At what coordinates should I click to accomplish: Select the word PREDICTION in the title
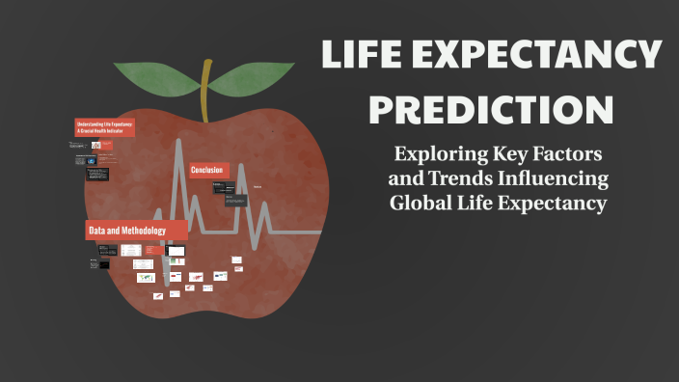point(492,108)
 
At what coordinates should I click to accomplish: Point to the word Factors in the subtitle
point(565,154)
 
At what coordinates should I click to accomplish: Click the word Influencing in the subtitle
point(554,179)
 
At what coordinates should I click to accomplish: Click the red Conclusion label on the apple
point(207,170)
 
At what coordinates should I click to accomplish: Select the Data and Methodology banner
point(125,232)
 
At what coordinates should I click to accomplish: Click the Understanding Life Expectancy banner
point(105,128)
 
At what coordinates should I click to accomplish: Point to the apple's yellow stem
point(205,92)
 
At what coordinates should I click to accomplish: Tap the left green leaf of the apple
point(159,80)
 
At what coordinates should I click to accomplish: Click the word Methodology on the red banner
point(138,232)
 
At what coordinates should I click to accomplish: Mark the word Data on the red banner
point(96,232)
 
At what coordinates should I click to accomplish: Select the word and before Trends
point(405,179)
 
